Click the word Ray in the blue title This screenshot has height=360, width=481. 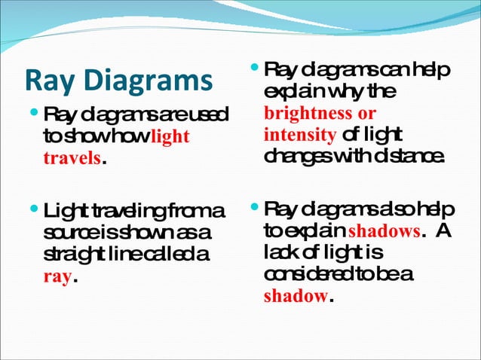point(47,81)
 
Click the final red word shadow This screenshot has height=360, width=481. point(296,295)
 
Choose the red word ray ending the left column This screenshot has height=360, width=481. point(58,277)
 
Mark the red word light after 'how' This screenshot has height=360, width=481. point(170,138)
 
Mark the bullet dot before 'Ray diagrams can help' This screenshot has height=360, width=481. point(252,70)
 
